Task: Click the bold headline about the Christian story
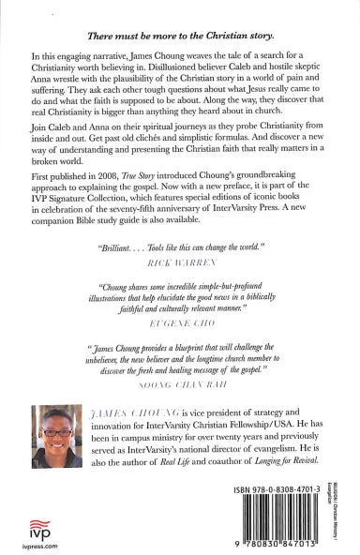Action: [x=179, y=34]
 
